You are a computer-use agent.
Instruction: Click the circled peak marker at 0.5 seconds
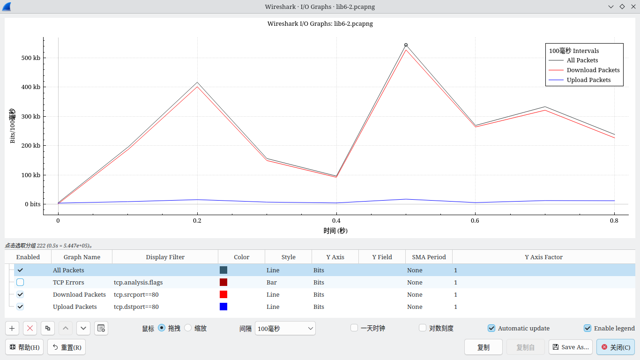pyautogui.click(x=406, y=45)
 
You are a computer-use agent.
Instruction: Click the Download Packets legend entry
pyautogui.click(x=593, y=70)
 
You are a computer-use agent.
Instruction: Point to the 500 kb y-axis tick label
pyautogui.click(x=30, y=58)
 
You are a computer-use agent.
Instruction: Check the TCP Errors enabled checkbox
pyautogui.click(x=20, y=282)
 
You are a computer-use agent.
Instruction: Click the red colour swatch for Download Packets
pyautogui.click(x=223, y=294)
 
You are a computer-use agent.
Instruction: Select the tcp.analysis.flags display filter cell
pyautogui.click(x=138, y=282)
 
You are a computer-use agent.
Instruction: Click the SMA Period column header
pyautogui.click(x=429, y=257)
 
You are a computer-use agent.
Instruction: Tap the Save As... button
pyautogui.click(x=570, y=347)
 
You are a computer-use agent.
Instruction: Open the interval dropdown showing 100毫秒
pyautogui.click(x=285, y=328)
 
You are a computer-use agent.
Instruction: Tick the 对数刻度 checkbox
pyautogui.click(x=423, y=328)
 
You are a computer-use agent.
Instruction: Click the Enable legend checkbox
pyautogui.click(x=588, y=328)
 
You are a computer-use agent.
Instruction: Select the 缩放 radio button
pyautogui.click(x=188, y=328)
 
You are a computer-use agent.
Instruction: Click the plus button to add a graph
pyautogui.click(x=12, y=328)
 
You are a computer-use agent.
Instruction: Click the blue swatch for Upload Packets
pyautogui.click(x=223, y=307)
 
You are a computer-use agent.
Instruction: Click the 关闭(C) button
pyautogui.click(x=615, y=347)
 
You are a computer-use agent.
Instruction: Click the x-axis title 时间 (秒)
pyautogui.click(x=335, y=231)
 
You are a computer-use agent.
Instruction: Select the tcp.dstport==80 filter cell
pyautogui.click(x=136, y=307)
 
